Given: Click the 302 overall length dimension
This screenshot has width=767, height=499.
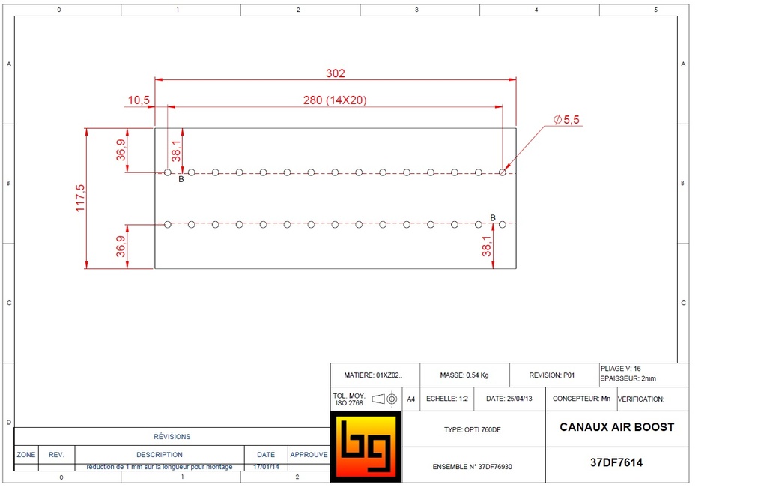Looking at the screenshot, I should click(335, 73).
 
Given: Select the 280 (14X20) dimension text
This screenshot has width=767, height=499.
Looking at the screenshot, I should click(335, 100).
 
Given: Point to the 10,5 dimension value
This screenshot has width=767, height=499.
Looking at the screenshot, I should click(139, 100).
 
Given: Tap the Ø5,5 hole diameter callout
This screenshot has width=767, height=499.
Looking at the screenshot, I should click(567, 119).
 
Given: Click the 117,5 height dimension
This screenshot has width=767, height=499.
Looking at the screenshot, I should click(80, 198).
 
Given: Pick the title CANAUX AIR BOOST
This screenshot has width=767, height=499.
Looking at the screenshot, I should click(616, 427).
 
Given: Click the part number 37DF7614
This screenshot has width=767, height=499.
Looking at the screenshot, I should click(616, 463).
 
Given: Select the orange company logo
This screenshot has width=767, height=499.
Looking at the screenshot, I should click(366, 447).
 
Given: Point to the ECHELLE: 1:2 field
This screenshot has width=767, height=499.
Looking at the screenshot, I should click(447, 399).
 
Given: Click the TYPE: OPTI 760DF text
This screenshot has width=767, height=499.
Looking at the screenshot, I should click(473, 430).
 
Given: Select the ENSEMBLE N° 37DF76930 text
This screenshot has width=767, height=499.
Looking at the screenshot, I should click(473, 466).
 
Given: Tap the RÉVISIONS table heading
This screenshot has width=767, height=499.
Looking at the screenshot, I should click(172, 436).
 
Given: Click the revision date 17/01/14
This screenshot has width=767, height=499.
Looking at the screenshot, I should click(266, 467).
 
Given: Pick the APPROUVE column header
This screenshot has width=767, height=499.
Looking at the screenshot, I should click(309, 454).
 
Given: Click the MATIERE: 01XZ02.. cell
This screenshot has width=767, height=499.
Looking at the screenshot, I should click(373, 375).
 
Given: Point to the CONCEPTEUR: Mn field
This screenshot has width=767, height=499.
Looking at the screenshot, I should click(581, 399).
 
